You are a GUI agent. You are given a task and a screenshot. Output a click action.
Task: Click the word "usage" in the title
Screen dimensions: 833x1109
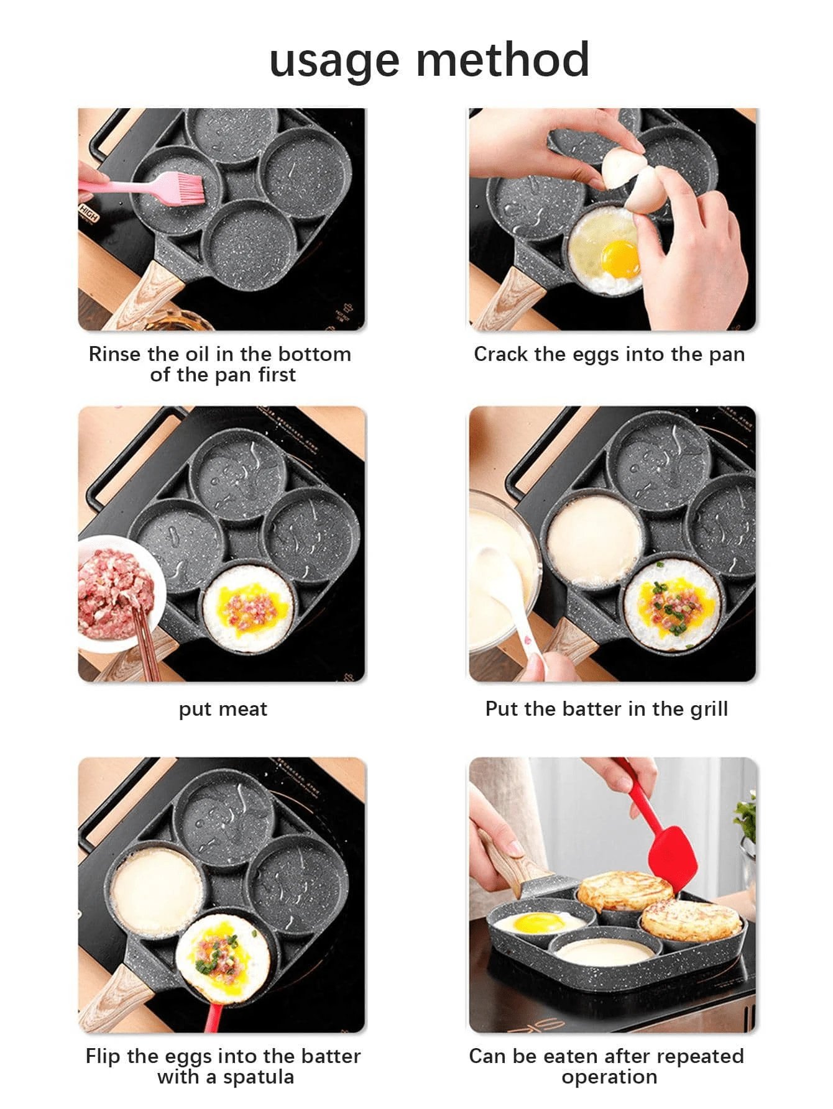(x=334, y=62)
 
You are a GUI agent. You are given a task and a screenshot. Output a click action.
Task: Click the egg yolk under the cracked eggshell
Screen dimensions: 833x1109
(x=620, y=258)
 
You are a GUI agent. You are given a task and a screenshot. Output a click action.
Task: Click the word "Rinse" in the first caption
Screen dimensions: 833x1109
(x=115, y=354)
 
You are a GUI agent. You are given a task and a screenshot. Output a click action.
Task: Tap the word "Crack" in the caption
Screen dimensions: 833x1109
(x=501, y=354)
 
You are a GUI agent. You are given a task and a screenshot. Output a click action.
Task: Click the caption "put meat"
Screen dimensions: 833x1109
(x=223, y=709)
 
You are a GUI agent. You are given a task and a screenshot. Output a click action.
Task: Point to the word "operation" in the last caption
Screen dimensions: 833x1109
(x=609, y=1077)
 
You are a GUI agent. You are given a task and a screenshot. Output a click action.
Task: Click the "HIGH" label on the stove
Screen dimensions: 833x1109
(x=88, y=214)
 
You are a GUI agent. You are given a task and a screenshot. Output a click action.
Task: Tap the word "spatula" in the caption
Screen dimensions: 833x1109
(x=259, y=1077)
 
